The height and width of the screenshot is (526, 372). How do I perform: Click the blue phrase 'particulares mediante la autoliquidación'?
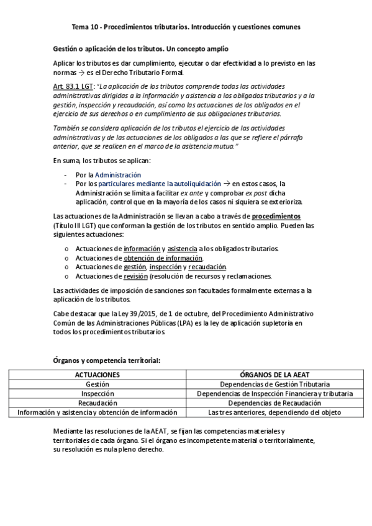(160, 184)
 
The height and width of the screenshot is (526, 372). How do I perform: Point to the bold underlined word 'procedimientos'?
(278, 216)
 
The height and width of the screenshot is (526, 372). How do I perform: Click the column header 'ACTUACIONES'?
(97, 375)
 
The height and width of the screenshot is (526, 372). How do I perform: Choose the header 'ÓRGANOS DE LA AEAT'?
(275, 375)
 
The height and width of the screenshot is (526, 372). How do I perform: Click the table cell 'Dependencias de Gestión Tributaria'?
(275, 385)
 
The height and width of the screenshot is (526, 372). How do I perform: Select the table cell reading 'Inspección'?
(97, 393)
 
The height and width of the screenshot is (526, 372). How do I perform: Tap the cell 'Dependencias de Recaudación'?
(275, 403)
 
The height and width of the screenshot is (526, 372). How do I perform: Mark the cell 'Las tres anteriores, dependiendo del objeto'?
(275, 412)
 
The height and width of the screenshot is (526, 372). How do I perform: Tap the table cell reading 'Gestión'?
(97, 385)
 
